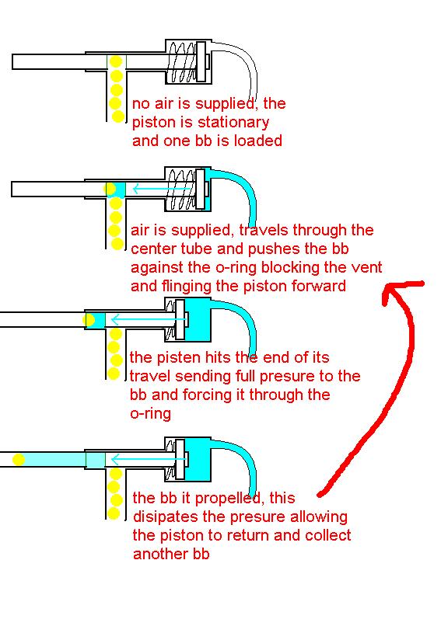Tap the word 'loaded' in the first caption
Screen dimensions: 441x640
258,141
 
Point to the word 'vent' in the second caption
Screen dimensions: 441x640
366,268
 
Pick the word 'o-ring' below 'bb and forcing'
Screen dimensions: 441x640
150,414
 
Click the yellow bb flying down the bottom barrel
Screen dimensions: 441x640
19,460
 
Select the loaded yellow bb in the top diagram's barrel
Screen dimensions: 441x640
116,61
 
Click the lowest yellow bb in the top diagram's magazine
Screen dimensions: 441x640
117,117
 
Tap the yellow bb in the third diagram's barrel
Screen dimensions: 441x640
89,319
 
